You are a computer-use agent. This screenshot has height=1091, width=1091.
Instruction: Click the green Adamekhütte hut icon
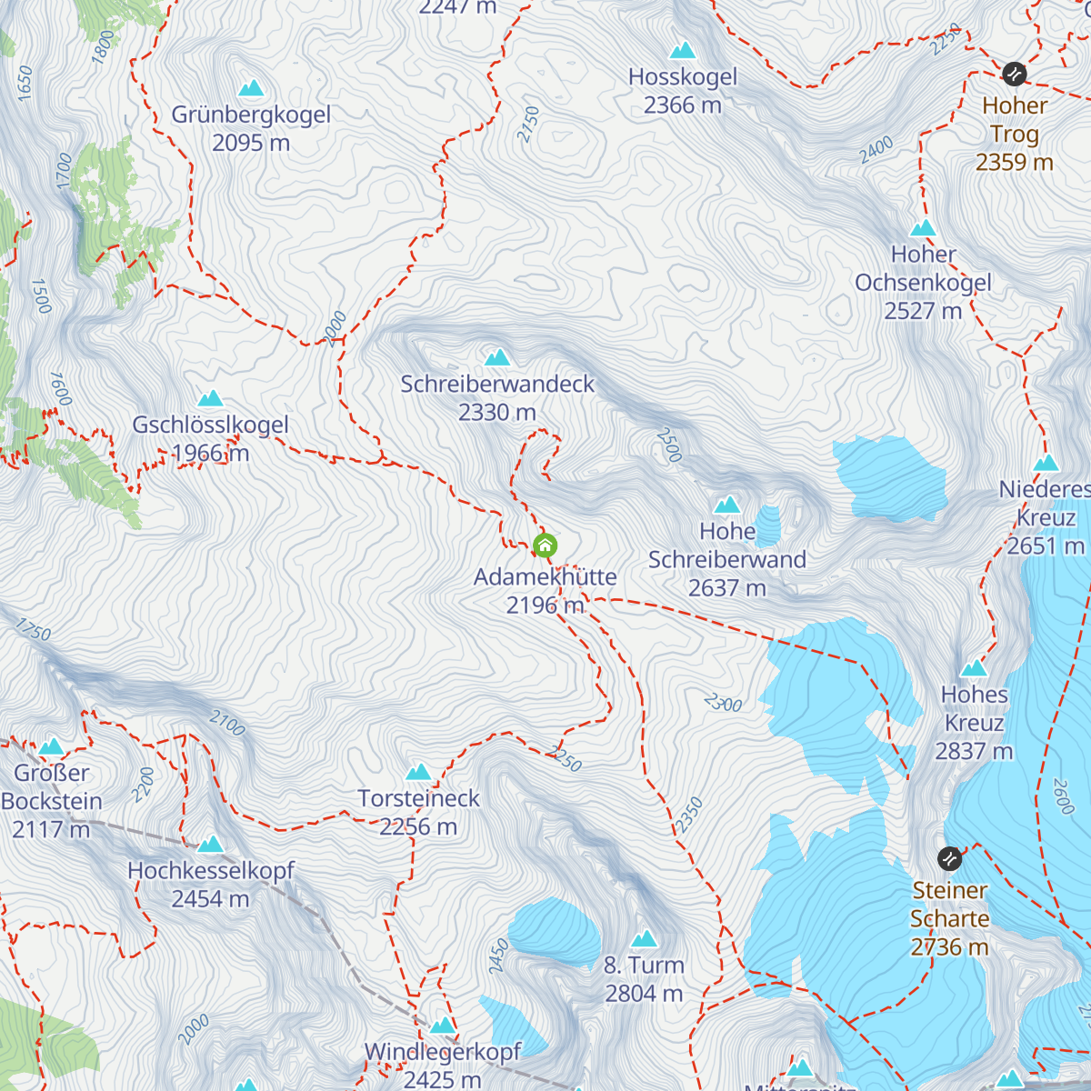point(545,545)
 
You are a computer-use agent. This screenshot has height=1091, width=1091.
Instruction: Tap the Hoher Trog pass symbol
point(1014,74)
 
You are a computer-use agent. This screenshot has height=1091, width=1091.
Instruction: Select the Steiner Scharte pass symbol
point(949,858)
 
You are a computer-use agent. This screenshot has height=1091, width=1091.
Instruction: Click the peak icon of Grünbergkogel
point(251,88)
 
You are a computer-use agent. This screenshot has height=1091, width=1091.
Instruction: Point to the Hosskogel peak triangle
point(682,50)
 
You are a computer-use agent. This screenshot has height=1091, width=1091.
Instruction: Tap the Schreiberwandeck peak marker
point(497,357)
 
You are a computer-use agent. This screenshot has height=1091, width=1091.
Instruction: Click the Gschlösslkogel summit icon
point(211,398)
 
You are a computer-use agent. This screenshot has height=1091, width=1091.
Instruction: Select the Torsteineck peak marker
point(418,772)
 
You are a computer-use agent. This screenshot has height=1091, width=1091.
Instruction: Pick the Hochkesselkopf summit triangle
point(211,844)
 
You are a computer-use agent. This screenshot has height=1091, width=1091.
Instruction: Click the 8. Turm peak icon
point(644,938)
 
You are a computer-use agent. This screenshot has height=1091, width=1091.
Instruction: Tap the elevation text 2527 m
point(923,311)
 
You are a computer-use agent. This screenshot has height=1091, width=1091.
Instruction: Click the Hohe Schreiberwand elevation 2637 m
point(726,588)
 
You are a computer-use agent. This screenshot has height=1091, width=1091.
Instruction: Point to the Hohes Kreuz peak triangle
point(974,668)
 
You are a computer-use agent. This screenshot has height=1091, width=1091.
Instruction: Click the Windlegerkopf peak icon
point(443,1026)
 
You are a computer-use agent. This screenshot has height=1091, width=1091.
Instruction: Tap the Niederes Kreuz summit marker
point(1046,463)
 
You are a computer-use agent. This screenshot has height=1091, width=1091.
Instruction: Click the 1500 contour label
point(41,296)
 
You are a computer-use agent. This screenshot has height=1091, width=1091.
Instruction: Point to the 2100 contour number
point(227,724)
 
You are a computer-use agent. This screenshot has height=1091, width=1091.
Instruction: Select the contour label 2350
point(689,815)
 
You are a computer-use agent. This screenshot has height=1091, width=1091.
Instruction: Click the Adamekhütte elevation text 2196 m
point(545,606)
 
